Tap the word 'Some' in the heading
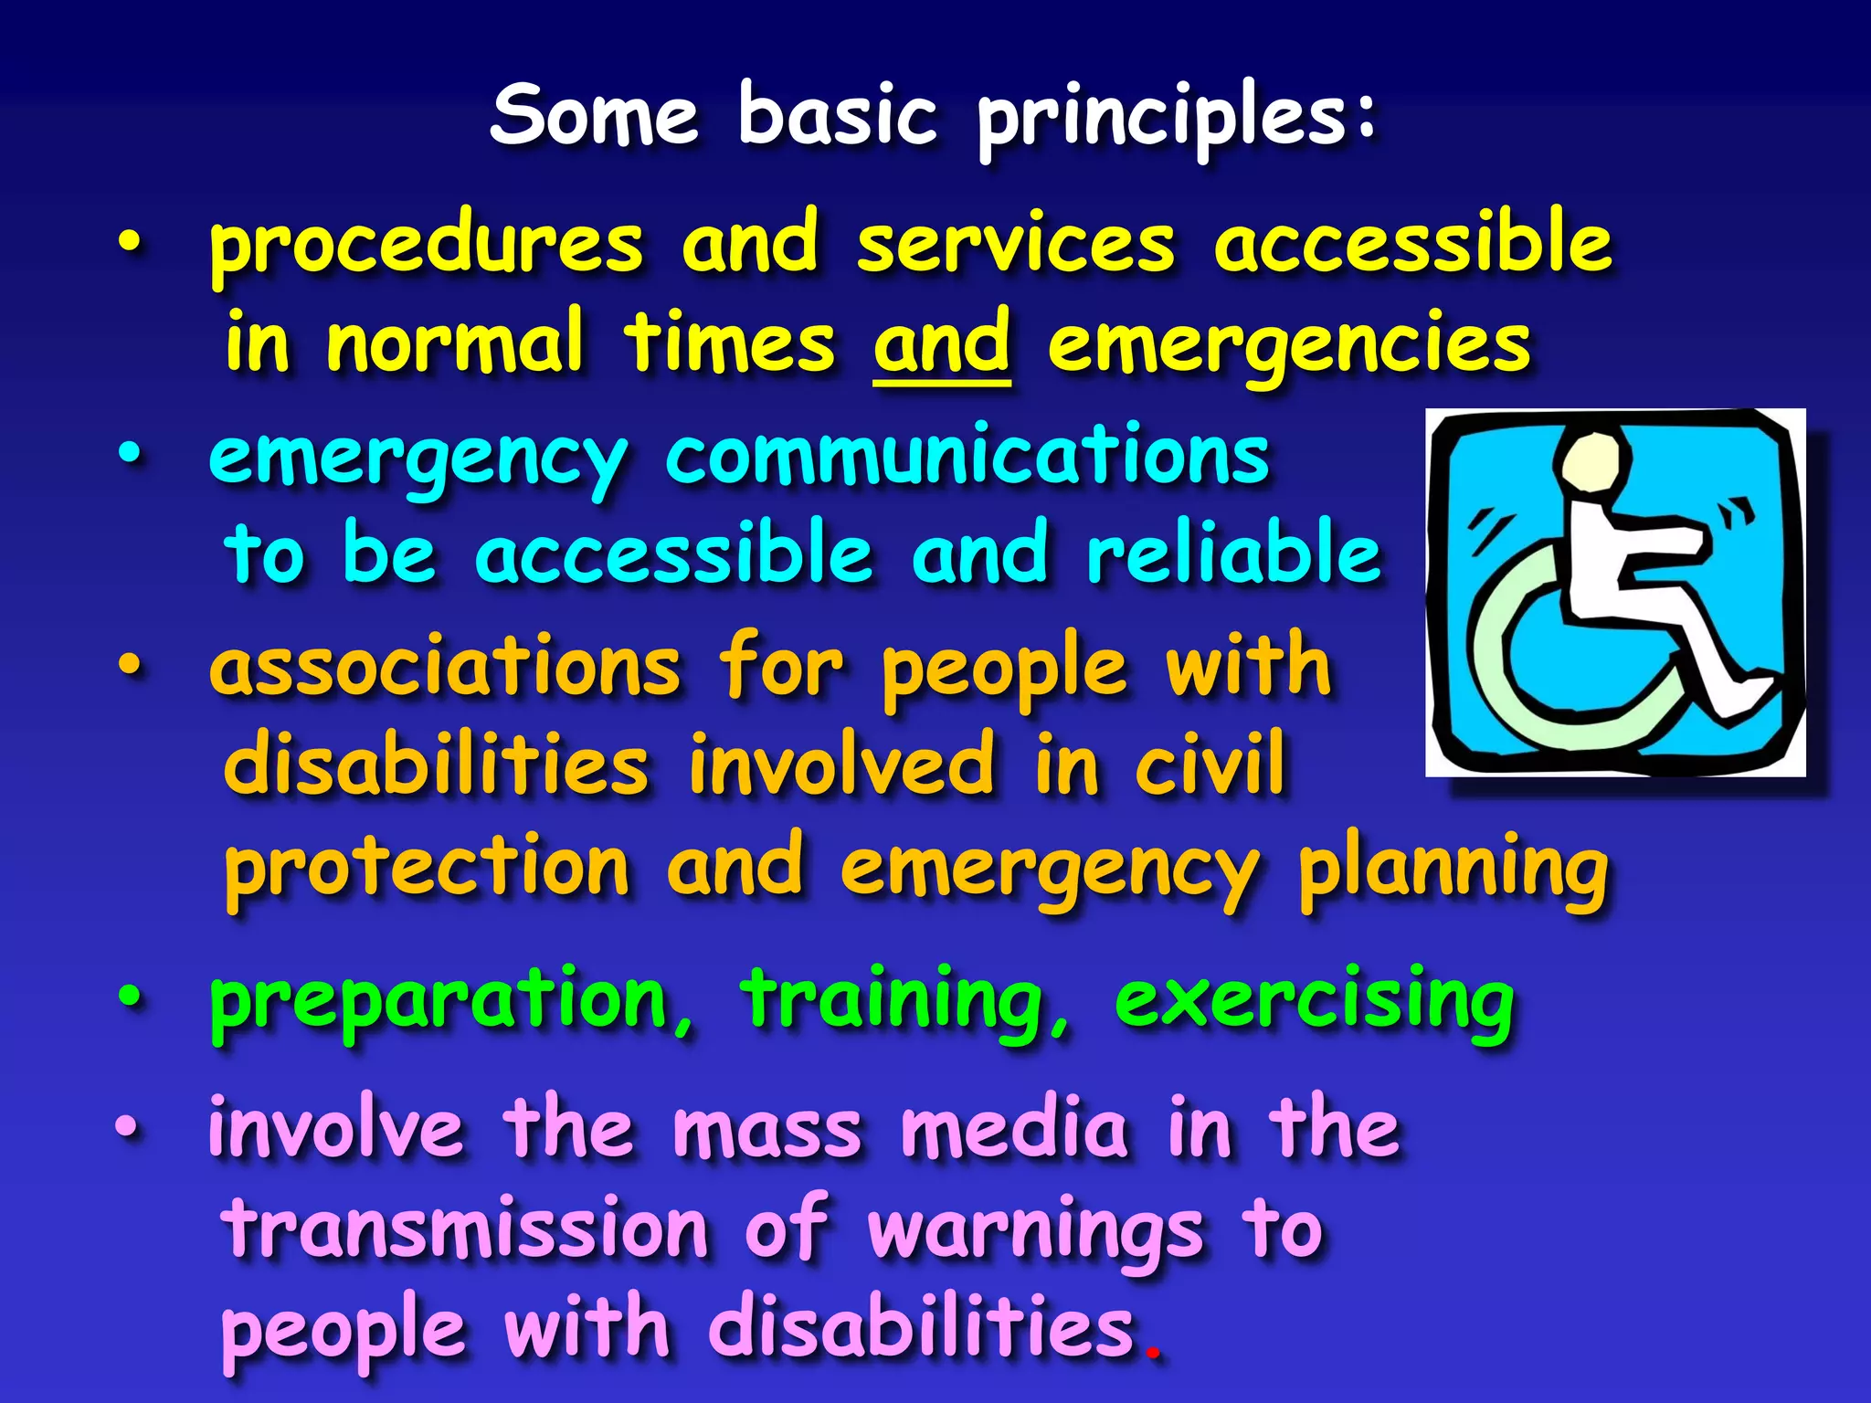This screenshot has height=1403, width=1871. tap(594, 115)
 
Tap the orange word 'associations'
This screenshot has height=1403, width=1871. tap(445, 666)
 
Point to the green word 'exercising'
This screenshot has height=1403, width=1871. tap(1314, 1001)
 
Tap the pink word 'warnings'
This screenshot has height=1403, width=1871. tap(1034, 1231)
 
